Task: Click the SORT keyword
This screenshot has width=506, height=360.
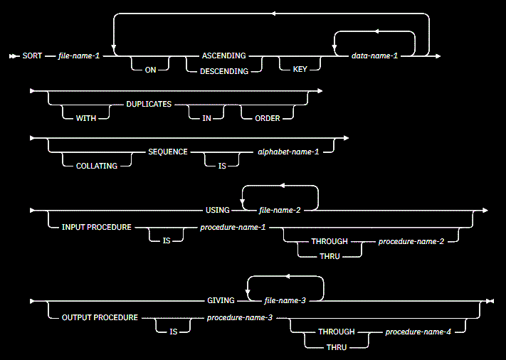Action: point(33,55)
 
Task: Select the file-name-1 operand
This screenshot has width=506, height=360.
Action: point(79,55)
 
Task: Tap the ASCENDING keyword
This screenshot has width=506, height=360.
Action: point(224,55)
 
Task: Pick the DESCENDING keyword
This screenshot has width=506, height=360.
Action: point(224,71)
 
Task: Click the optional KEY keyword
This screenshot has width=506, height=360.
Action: point(300,71)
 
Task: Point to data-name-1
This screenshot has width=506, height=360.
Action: point(374,55)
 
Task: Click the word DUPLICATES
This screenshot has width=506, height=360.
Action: point(149,103)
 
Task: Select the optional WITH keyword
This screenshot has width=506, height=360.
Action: point(86,118)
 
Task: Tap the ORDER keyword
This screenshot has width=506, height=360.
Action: point(267,118)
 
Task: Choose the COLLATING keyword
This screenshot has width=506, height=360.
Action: point(97,166)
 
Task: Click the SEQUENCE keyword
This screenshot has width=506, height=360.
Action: point(168,152)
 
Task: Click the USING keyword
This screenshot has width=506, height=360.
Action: point(218,210)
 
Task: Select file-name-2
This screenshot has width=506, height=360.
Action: point(279,210)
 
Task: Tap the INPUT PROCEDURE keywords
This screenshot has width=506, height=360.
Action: point(97,227)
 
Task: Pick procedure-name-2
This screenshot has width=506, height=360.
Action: point(411,242)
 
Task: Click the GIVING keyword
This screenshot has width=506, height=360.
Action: point(219,301)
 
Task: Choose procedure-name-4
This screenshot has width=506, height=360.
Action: point(418,332)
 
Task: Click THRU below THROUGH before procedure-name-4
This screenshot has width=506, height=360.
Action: point(337,346)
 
